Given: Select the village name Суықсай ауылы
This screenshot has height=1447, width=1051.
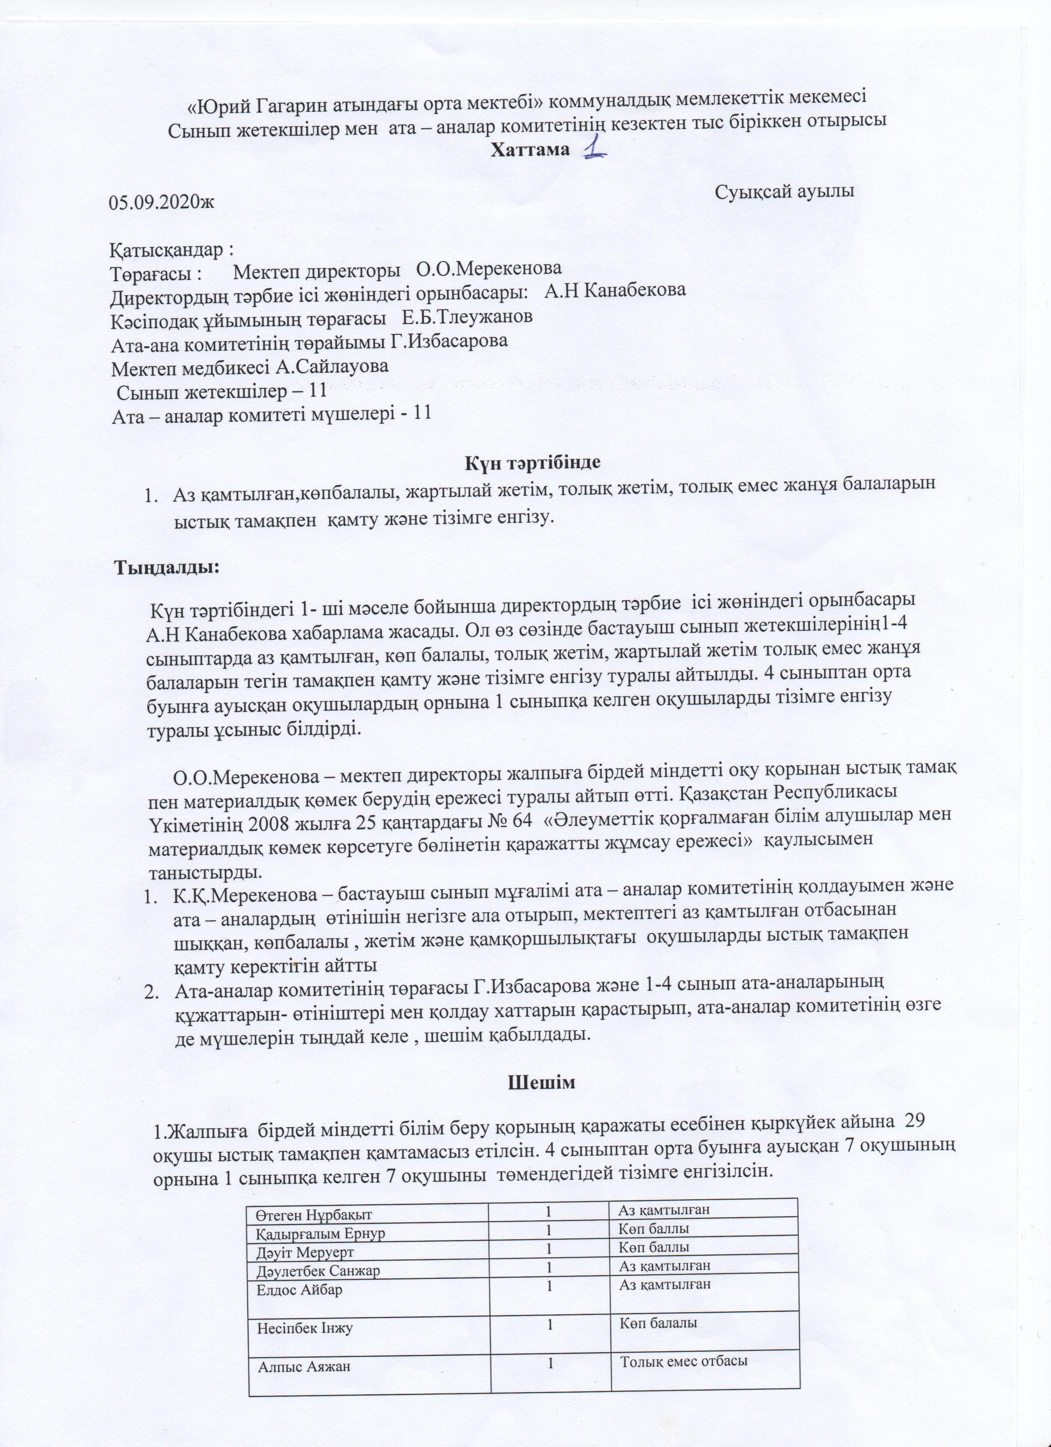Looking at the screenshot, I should coord(784,191).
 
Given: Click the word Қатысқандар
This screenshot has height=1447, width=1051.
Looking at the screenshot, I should coord(169,247).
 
